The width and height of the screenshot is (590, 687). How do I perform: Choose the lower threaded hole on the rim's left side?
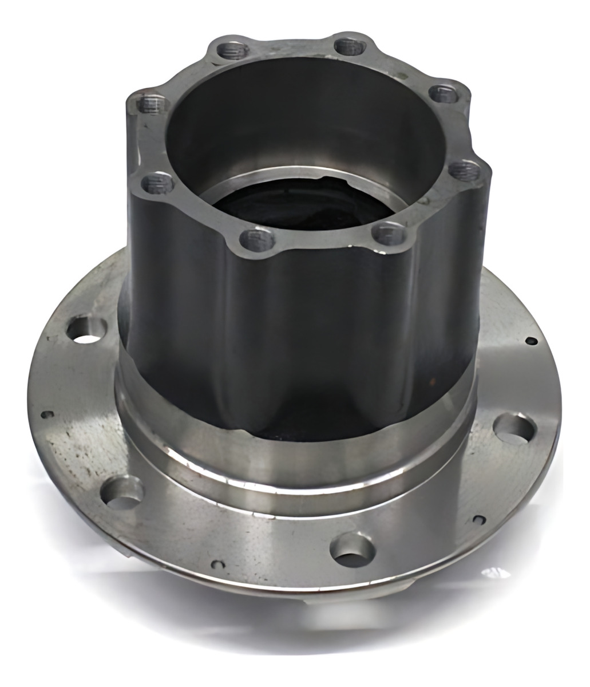click(x=157, y=184)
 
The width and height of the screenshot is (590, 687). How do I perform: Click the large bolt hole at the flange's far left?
click(x=87, y=330)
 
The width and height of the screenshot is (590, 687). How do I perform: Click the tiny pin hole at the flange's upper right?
click(x=532, y=341)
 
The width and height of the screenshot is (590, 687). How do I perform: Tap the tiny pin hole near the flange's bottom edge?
click(x=215, y=564)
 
